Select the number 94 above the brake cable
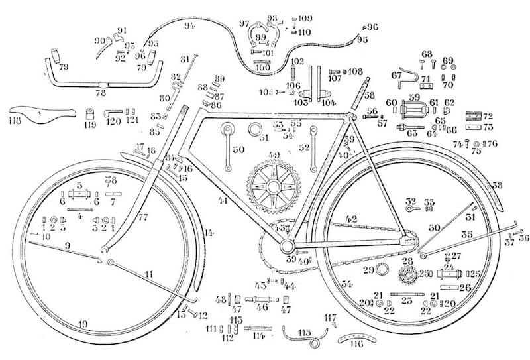(x=191, y=27)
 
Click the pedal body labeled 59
(x=415, y=105)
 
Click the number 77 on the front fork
(x=144, y=217)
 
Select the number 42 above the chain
(x=350, y=218)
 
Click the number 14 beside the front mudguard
(x=209, y=233)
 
